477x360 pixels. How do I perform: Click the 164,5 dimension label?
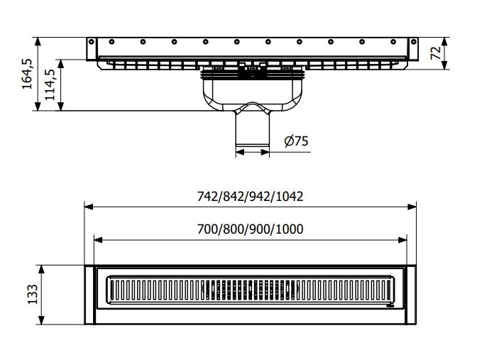(27, 73)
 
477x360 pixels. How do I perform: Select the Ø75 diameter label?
(296, 141)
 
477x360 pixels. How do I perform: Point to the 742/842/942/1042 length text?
(250, 196)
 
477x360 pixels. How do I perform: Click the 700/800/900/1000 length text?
(250, 229)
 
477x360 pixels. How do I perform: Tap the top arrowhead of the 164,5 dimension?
(38, 39)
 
